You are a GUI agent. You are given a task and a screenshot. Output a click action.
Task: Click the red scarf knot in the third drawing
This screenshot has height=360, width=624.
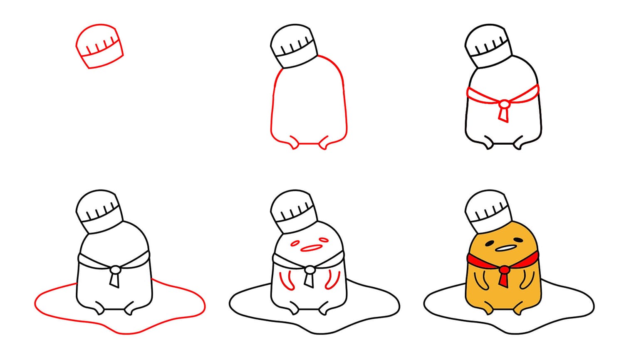504,103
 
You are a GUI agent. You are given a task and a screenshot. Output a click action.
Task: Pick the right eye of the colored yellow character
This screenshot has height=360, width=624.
519,239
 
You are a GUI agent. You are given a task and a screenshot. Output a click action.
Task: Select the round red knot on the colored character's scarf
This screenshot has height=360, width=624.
504,269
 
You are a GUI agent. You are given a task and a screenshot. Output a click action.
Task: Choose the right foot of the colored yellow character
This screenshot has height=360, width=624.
518,309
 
